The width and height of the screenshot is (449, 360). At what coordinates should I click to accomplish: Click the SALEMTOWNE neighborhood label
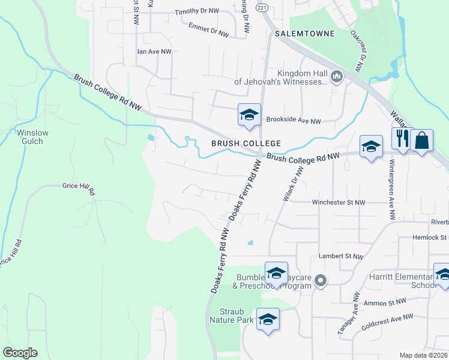[x=304, y=34]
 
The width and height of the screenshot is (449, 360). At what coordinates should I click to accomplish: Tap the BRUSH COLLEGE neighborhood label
[x=246, y=143]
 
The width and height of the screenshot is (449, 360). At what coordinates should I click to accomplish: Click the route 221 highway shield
[x=261, y=8]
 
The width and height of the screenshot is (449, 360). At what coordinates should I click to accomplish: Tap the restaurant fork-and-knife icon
[x=402, y=139]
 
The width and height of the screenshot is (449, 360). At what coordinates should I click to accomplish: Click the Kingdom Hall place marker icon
[x=336, y=77]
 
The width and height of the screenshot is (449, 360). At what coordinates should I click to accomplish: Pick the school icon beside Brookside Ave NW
[x=249, y=115]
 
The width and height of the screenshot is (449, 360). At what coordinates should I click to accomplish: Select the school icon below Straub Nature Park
[x=268, y=319]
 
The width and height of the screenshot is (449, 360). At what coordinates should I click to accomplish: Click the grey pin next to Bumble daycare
[x=321, y=280]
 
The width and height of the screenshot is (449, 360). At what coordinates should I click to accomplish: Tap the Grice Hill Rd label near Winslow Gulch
[x=79, y=187]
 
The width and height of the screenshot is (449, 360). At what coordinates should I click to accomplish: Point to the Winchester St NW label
[x=339, y=203]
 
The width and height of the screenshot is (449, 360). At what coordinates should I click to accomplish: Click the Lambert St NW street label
[x=341, y=257]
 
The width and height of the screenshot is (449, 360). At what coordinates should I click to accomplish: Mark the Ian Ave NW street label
[x=154, y=52]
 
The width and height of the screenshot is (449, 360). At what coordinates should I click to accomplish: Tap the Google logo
[x=20, y=353]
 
